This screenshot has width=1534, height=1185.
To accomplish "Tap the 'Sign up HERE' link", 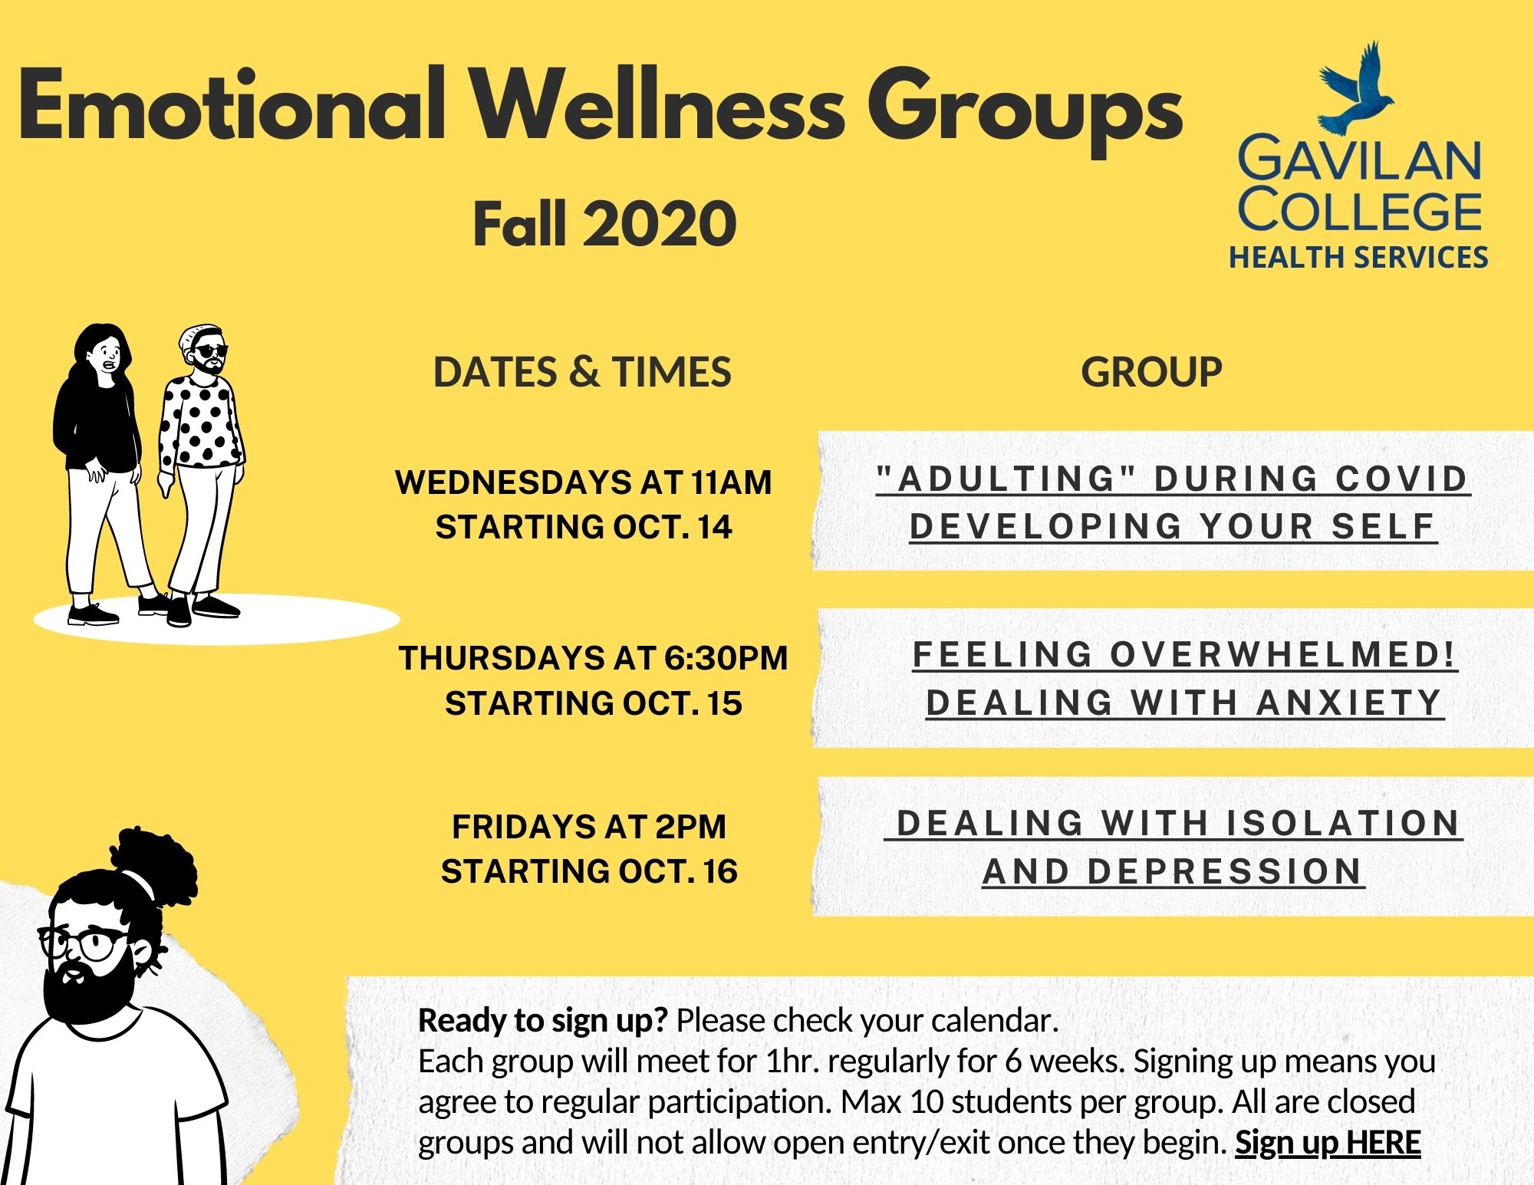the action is pyautogui.click(x=1328, y=1143).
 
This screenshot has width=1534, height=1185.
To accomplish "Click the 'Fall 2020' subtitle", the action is pyautogui.click(x=604, y=223).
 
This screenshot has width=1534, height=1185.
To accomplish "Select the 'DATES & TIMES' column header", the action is pyautogui.click(x=582, y=372).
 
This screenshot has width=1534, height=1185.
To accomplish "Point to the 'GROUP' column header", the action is pyautogui.click(x=1151, y=372).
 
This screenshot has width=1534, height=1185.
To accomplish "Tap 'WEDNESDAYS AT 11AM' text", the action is pyautogui.click(x=583, y=482).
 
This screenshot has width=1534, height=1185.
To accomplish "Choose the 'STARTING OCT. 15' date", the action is pyautogui.click(x=594, y=703).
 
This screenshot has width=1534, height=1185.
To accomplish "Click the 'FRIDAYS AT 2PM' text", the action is pyautogui.click(x=589, y=827).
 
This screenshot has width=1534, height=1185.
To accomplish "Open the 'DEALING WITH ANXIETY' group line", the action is pyautogui.click(x=1184, y=703).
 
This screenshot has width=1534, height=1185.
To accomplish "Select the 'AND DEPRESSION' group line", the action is pyautogui.click(x=1173, y=871).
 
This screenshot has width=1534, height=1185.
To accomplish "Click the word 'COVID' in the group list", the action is pyautogui.click(x=1402, y=479).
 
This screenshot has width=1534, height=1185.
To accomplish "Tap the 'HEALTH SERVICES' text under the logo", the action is pyautogui.click(x=1358, y=257).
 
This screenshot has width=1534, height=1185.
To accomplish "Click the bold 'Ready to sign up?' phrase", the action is pyautogui.click(x=543, y=1021).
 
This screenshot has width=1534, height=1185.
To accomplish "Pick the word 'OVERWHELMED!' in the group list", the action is pyautogui.click(x=1282, y=654).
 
